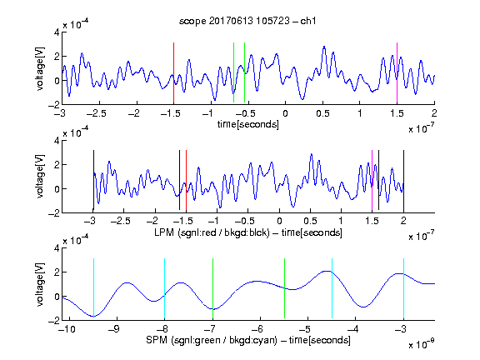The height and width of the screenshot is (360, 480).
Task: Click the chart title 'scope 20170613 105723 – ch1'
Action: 247,21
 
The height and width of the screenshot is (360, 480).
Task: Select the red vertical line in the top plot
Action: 173,72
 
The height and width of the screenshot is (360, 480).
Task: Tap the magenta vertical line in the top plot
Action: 397,72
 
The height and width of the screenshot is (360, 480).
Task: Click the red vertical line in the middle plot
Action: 186,181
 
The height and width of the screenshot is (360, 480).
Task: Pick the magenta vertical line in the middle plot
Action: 372,181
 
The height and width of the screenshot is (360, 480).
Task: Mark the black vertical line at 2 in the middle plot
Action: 403,181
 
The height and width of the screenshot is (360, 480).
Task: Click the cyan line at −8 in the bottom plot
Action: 165,288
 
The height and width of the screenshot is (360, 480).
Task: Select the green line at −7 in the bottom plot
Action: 212,288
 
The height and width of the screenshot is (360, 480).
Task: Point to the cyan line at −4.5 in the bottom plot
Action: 332,288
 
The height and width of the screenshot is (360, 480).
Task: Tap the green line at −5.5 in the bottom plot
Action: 284,288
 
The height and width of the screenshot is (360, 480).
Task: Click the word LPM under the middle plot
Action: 164,232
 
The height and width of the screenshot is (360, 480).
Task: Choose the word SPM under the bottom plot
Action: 157,340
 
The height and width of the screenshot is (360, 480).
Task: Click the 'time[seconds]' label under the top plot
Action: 248,124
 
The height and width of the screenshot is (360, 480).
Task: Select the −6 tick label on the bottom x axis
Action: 257,329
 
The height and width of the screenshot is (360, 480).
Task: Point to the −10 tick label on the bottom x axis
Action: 67,329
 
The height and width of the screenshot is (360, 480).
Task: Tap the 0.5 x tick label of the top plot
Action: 322,113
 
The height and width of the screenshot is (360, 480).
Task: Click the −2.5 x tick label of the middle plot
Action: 120,221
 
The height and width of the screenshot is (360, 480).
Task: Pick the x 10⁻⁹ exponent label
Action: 421,344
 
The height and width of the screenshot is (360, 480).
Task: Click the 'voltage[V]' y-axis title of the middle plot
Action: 40,177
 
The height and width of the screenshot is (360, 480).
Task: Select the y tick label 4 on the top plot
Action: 57,32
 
